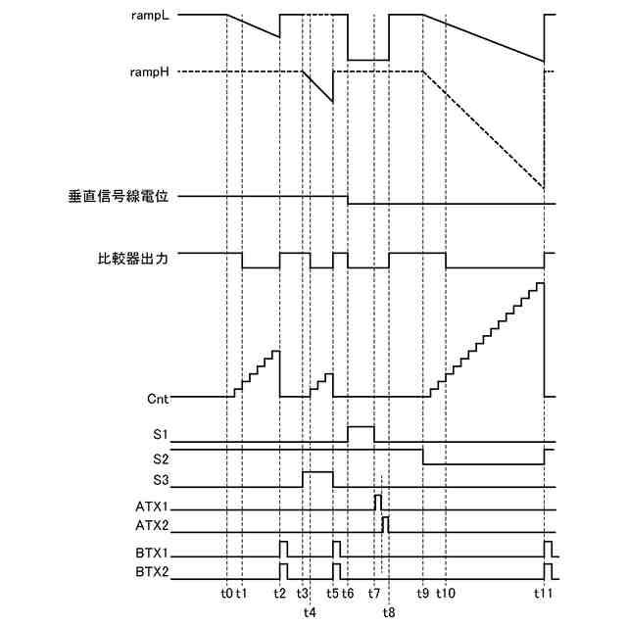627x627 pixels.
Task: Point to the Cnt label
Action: [158, 398]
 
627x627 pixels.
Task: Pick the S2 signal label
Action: [161, 458]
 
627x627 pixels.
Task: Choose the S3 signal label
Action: [161, 480]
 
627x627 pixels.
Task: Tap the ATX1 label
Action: [153, 509]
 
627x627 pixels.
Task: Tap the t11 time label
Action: [545, 594]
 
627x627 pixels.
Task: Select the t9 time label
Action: [422, 594]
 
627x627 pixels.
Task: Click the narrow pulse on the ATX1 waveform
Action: [377, 503]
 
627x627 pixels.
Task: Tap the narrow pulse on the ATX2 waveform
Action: [385, 522]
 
